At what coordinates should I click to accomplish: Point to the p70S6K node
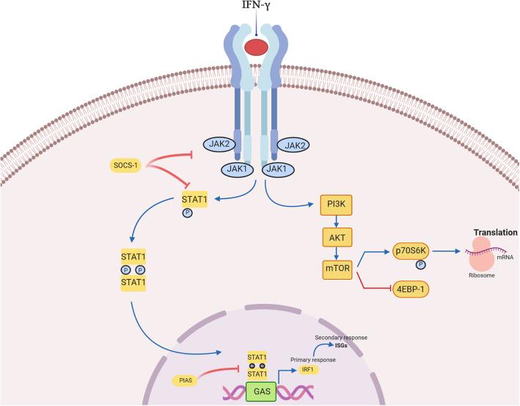click(414, 249)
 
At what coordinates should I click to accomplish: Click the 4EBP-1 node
click(414, 290)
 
